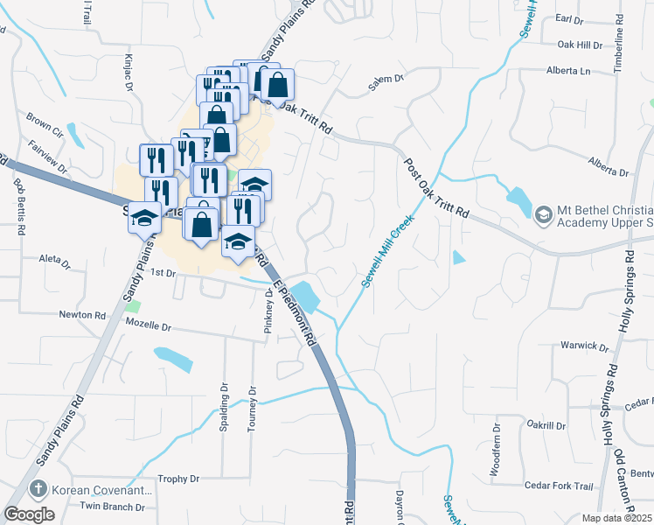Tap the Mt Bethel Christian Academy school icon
coord(543,214)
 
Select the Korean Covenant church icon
coord(38,489)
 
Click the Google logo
coord(29,514)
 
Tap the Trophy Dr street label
coord(179,479)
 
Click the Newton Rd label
coord(82,314)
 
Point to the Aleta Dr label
coord(54,259)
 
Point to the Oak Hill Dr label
coord(581,45)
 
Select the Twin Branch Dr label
coord(112,507)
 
